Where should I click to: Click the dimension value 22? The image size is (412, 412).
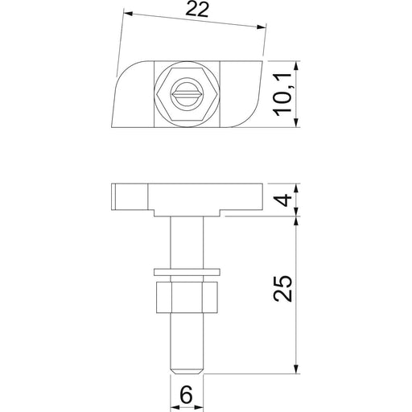pyautogui.click(x=197, y=10)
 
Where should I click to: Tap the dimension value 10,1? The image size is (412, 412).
pyautogui.click(x=282, y=94)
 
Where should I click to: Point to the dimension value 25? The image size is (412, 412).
pyautogui.click(x=282, y=288)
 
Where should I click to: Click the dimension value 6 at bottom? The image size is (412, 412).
pyautogui.click(x=187, y=394)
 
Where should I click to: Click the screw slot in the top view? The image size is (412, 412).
pyautogui.click(x=187, y=94)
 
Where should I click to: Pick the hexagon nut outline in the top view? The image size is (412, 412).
pyautogui.click(x=187, y=94)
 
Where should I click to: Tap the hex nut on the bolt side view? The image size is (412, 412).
pyautogui.click(x=187, y=298)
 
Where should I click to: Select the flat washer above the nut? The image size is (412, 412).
pyautogui.click(x=187, y=272)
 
